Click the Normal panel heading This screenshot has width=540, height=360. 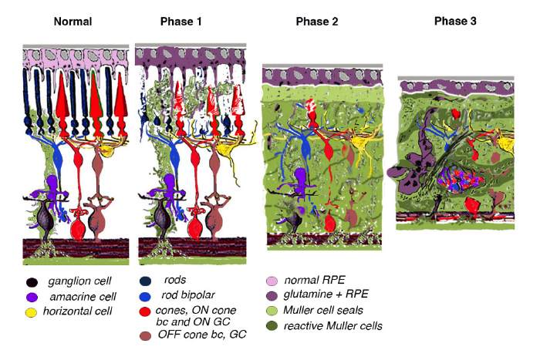tap(73, 22)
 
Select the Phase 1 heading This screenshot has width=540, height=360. tap(181, 22)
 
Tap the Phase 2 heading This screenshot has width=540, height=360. tap(317, 22)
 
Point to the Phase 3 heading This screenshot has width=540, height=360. tap(455, 21)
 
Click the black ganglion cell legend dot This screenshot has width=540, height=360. tap(32, 283)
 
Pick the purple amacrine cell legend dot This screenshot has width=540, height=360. tap(32, 297)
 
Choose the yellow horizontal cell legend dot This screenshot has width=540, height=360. tap(31, 312)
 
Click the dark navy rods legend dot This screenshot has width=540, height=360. tap(146, 281)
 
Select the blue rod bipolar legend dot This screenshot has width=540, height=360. tap(146, 296)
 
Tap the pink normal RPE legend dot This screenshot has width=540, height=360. tap(272, 281)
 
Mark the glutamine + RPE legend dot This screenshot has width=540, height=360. tap(272, 296)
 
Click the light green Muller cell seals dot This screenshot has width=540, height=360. tap(272, 311)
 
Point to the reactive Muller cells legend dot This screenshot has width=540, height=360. tap(272, 325)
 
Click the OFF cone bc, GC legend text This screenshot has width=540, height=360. tap(202, 335)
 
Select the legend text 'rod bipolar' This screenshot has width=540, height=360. tap(188, 295)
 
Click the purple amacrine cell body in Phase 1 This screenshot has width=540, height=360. tap(170, 181)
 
